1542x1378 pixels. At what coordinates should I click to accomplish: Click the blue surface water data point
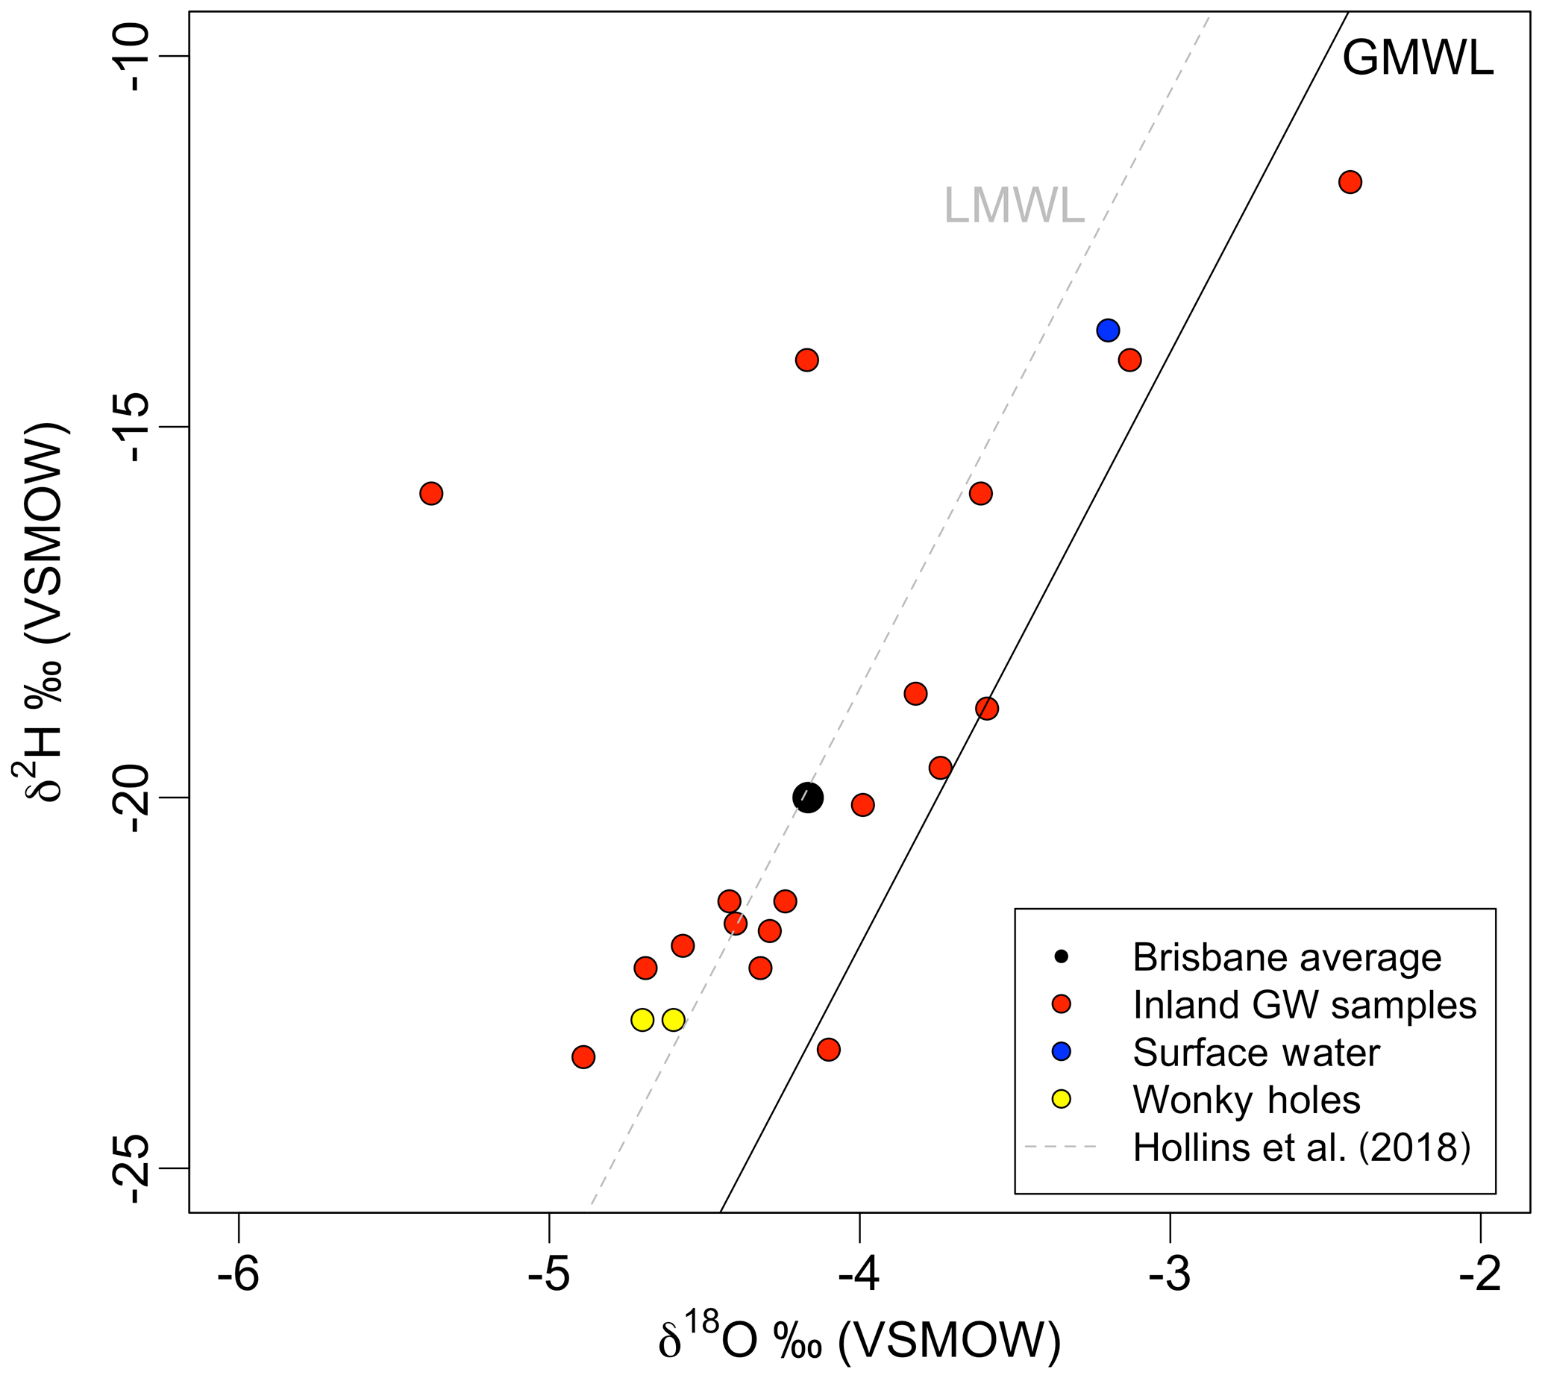click(1108, 331)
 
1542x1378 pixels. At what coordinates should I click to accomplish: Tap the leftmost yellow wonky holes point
click(642, 1020)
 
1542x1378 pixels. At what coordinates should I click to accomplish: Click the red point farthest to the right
click(1350, 183)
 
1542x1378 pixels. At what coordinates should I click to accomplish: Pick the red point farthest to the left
click(431, 494)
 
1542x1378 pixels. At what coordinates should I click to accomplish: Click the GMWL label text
click(1418, 58)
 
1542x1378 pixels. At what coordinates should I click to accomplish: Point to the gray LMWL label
click(1014, 206)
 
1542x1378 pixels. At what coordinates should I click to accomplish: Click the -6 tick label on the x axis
click(239, 1274)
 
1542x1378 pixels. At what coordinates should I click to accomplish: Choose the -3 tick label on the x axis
click(1170, 1274)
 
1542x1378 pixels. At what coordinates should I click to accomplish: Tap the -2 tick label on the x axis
click(1480, 1274)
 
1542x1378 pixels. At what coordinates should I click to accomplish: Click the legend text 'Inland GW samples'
click(1304, 1006)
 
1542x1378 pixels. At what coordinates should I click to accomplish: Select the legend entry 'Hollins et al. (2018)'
click(1301, 1147)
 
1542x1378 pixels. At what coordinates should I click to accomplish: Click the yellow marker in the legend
click(1062, 1100)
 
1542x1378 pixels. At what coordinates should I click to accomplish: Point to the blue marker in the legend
click(1062, 1052)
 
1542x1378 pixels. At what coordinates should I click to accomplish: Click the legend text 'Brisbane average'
click(1287, 958)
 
